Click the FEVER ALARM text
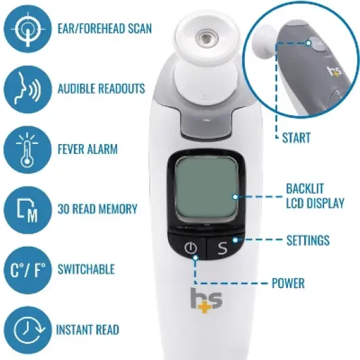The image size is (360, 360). [87, 149]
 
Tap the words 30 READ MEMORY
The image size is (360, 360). [97, 209]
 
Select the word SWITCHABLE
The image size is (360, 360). [86, 269]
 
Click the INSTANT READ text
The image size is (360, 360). [88, 329]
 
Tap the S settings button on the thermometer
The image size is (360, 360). [222, 248]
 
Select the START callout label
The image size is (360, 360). [296, 138]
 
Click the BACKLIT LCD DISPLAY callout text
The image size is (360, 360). [315, 195]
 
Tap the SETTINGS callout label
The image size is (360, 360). [308, 241]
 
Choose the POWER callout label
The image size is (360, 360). [288, 283]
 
